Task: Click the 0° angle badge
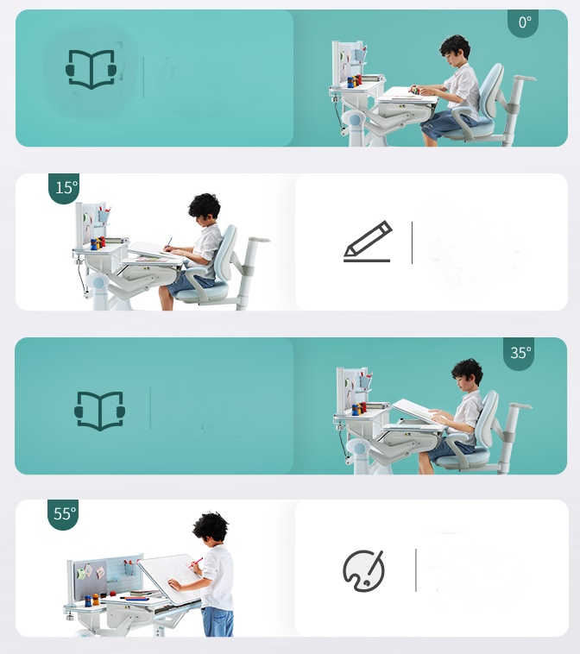pos(523,22)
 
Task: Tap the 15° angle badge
pos(64,187)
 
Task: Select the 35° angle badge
pos(520,353)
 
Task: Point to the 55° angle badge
pos(63,514)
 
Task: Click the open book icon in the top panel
pos(91,69)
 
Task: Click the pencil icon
pos(367,242)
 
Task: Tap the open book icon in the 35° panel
pos(100,410)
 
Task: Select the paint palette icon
pos(363,570)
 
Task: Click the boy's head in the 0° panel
pos(454,48)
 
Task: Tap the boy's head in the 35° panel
pos(467,373)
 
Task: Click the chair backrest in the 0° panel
pos(490,91)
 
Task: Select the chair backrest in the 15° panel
pos(225,251)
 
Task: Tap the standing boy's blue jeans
pos(217,621)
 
